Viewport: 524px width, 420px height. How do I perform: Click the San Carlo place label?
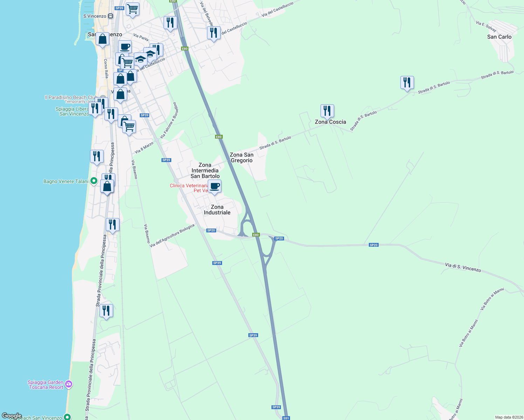pyautogui.click(x=499, y=37)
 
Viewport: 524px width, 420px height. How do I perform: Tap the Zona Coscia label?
pyautogui.click(x=330, y=122)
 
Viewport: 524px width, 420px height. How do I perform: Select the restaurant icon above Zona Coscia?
pyautogui.click(x=327, y=111)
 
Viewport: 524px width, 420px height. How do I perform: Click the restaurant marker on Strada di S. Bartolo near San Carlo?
pyautogui.click(x=407, y=83)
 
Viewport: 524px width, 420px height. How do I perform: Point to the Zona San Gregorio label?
pyautogui.click(x=241, y=157)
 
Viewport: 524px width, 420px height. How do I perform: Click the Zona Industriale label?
pyautogui.click(x=217, y=210)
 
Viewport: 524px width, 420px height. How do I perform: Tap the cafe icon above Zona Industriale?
pyautogui.click(x=214, y=187)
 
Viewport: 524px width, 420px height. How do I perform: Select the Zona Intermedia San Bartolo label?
pyautogui.click(x=205, y=170)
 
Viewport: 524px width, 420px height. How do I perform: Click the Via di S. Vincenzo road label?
pyautogui.click(x=463, y=267)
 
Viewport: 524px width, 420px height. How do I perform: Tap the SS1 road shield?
pyautogui.click(x=286, y=418)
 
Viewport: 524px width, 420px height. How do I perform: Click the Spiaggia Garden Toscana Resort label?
pyautogui.click(x=46, y=385)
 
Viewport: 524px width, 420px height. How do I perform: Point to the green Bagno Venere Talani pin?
pyautogui.click(x=94, y=181)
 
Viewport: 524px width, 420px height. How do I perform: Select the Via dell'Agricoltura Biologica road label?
pyautogui.click(x=172, y=236)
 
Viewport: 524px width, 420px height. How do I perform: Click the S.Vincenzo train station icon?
pyautogui.click(x=111, y=16)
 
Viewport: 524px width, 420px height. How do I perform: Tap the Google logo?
pyautogui.click(x=12, y=416)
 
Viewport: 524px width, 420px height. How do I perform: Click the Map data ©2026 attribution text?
pyautogui.click(x=508, y=417)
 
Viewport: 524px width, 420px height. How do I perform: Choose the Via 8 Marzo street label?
pyautogui.click(x=144, y=148)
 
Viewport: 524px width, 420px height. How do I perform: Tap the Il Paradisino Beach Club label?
pyautogui.click(x=71, y=97)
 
